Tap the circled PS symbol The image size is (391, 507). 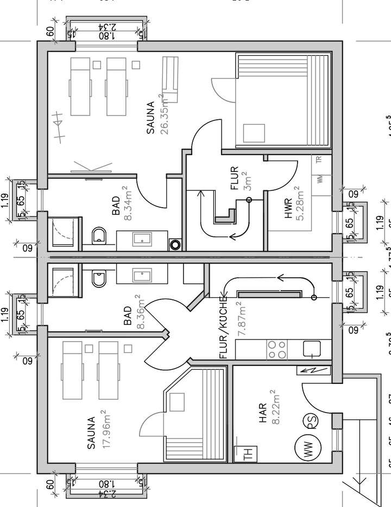310,421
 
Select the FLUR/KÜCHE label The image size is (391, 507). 223,336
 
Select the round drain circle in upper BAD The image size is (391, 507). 175,244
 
